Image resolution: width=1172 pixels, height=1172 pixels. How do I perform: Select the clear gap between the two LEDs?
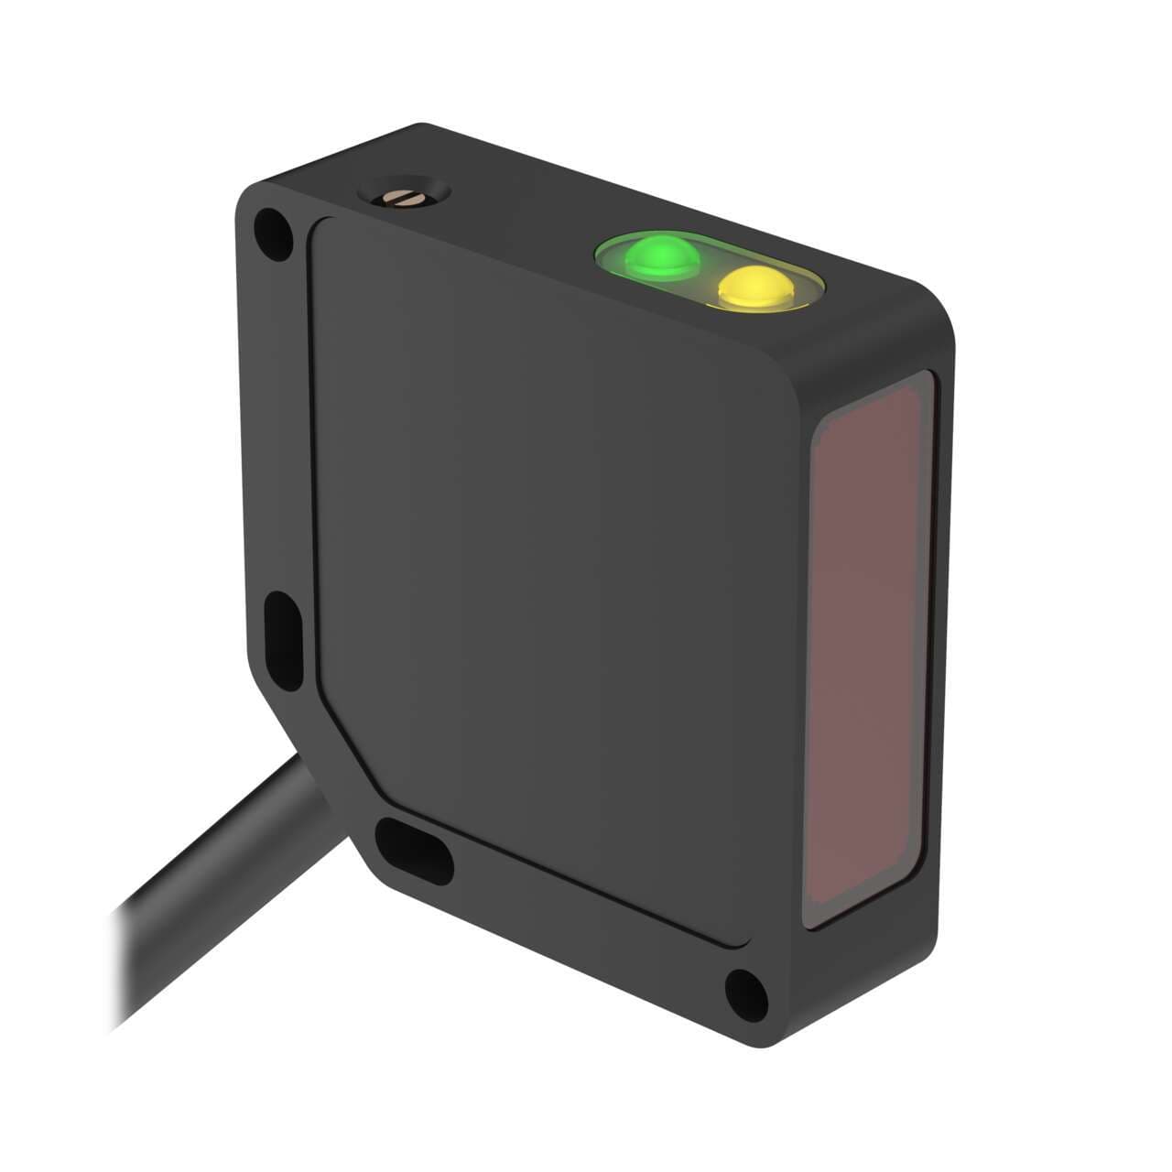[x=706, y=271]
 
